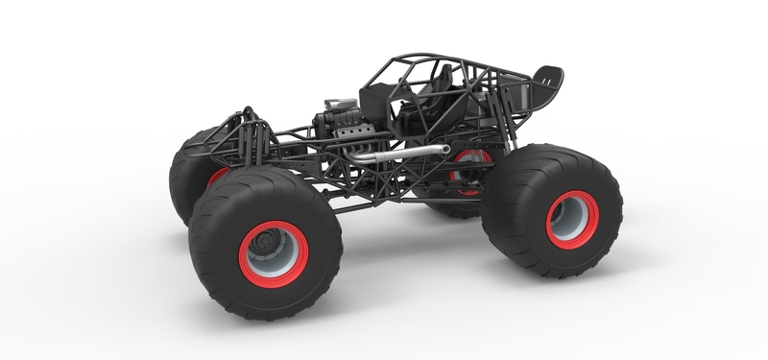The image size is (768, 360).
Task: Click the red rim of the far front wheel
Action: click(217, 177)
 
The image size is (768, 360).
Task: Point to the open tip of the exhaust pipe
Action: click(445, 149)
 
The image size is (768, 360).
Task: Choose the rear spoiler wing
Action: click(547, 82)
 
